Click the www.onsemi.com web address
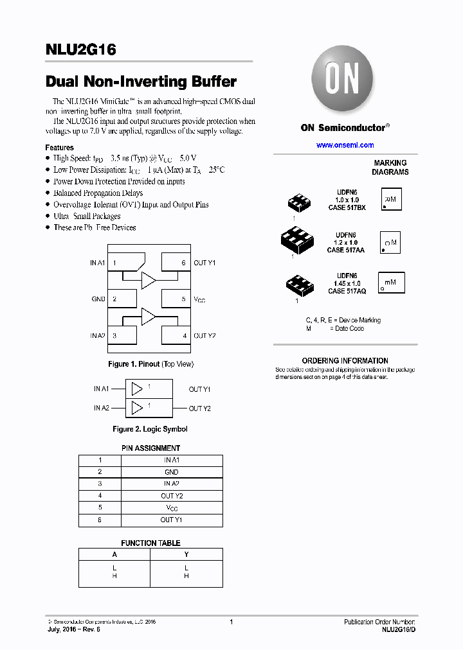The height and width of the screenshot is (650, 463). coord(345,145)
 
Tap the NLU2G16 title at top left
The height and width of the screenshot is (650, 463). coord(80,51)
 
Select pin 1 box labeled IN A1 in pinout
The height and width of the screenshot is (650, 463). coord(125,263)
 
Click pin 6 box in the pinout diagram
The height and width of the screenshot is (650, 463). coord(175,263)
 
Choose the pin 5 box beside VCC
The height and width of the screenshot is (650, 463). coord(175,299)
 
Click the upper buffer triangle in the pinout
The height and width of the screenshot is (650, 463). coord(149,279)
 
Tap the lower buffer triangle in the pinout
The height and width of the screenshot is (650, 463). coord(149,317)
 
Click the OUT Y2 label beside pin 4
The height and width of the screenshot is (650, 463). coord(204,335)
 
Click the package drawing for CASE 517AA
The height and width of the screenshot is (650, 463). coord(297,242)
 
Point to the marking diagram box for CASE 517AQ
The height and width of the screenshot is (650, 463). coord(390,283)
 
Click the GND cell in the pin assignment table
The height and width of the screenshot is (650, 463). coord(172,472)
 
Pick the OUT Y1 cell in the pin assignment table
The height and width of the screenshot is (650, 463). coord(172,520)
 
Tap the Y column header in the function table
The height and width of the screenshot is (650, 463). coord(186,554)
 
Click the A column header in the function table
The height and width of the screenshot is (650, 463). coord(115,554)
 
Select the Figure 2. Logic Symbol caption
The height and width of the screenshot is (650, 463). coord(150,429)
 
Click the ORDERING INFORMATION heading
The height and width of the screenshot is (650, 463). coord(345,361)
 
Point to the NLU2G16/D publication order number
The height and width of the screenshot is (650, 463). coord(398,629)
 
